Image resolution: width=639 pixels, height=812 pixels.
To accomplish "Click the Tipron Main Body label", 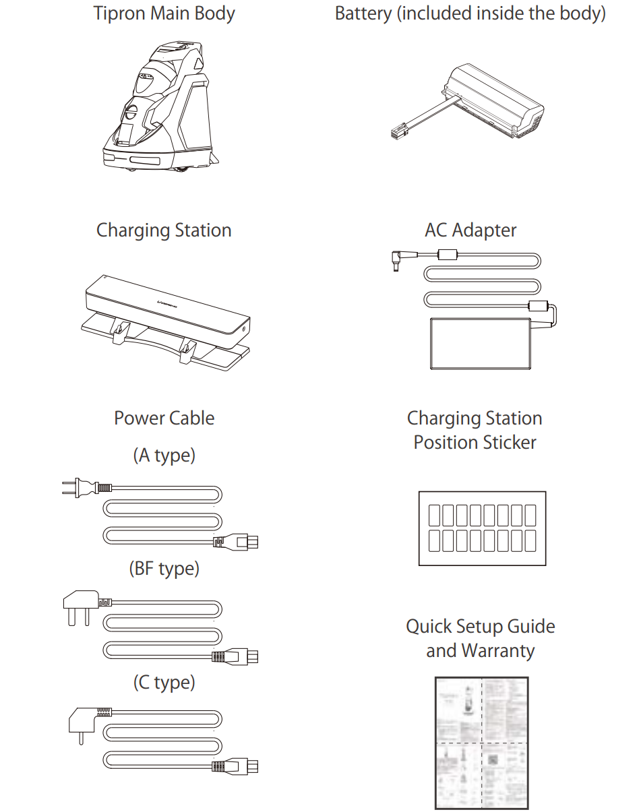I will (x=164, y=14).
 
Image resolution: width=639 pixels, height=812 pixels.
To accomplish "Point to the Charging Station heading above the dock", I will (x=164, y=230).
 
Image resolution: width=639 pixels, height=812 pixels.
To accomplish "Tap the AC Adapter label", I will (x=470, y=230).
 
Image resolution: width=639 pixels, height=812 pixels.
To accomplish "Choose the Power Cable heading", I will (x=164, y=418).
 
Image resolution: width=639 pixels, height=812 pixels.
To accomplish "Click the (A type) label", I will (x=164, y=456).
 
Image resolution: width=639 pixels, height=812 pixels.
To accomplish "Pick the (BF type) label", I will (x=164, y=569).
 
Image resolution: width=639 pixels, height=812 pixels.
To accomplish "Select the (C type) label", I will (x=164, y=683).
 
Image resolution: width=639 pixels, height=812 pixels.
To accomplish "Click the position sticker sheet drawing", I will (x=482, y=528).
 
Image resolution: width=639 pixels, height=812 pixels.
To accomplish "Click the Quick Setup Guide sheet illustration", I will (x=481, y=743).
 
